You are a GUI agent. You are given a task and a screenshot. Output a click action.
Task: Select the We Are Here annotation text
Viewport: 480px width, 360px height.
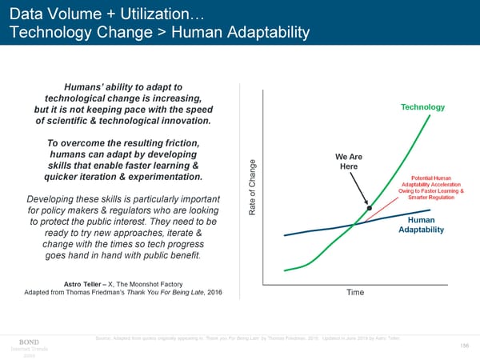[x=348, y=161]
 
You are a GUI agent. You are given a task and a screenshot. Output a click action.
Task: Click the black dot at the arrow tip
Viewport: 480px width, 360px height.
[x=370, y=208]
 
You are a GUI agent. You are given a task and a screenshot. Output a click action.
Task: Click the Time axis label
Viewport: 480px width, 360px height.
[x=355, y=293]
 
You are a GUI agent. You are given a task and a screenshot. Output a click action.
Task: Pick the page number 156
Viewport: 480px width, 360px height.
[x=465, y=345]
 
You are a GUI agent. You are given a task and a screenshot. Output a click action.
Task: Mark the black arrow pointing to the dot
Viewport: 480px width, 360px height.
[x=358, y=190]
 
